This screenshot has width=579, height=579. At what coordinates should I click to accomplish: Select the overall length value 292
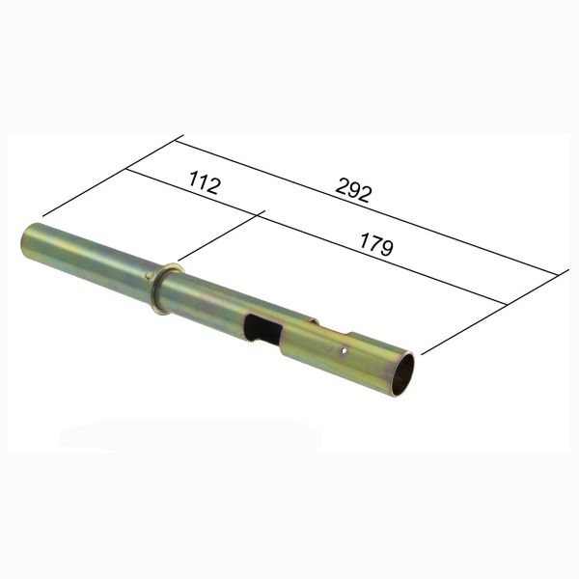coord(354,190)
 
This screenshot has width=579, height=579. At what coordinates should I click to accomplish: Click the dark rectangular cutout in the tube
coord(262,328)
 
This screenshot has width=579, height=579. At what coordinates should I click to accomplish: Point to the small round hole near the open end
coord(344,351)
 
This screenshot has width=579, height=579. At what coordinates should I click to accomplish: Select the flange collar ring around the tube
coord(164,288)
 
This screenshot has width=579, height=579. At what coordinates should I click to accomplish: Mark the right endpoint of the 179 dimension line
coord(508,306)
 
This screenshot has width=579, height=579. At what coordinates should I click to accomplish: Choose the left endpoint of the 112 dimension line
coord(126,170)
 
